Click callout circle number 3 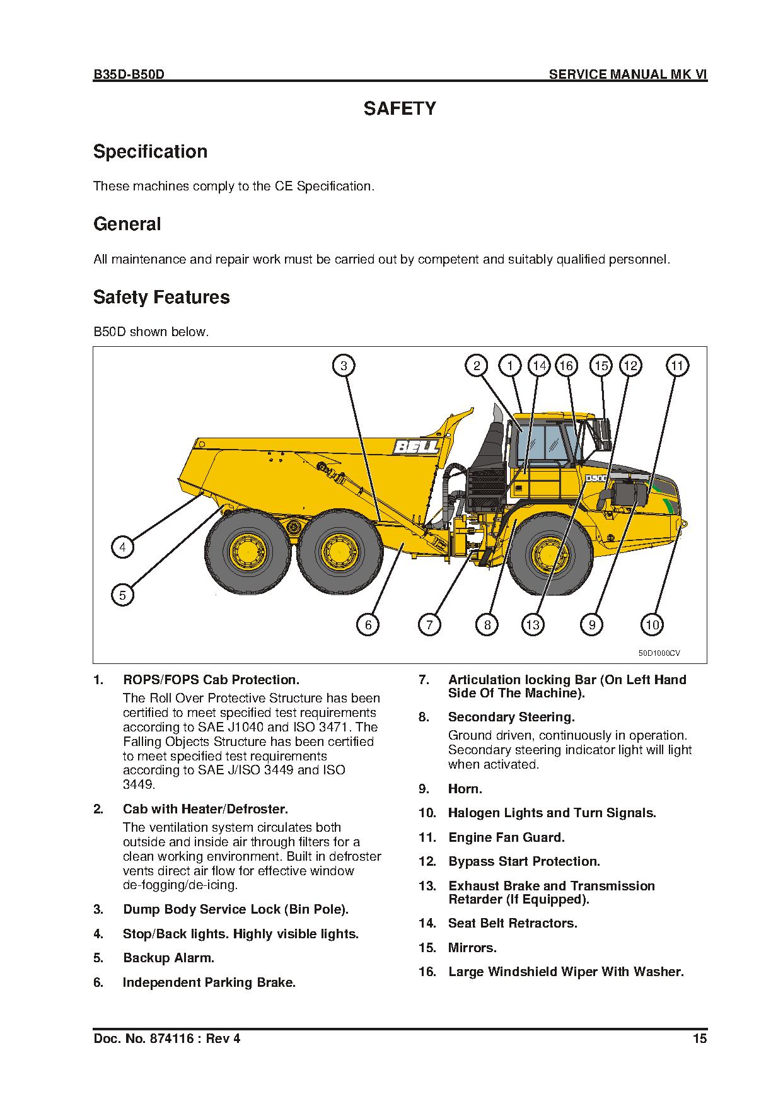pos(344,366)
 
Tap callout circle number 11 pos(676,366)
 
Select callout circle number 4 pos(122,547)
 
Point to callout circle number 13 pos(533,625)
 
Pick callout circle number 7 pos(429,625)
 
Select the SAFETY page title pos(400,109)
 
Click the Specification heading pos(150,152)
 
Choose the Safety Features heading pos(161,298)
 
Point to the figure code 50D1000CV pos(659,653)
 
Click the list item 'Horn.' pos(465,789)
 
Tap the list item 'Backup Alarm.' pos(168,958)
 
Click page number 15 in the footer pos(700,1039)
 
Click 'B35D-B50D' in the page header pos(129,74)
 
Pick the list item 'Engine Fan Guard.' pos(506,837)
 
